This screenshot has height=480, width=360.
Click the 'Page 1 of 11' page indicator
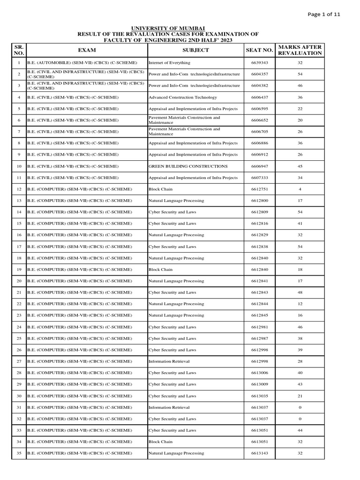pos(324,14)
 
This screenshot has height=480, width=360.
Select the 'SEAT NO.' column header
pos(259,50)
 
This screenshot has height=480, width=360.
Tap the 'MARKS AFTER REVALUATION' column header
pos(300,50)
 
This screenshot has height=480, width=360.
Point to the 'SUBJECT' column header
pos(195,50)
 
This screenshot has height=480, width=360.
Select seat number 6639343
pos(259,63)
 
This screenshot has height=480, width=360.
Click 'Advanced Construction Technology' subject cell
pos(176,97)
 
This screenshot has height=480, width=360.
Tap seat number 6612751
pos(259,189)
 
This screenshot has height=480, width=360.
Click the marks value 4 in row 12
pos(300,189)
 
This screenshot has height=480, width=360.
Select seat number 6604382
pos(259,86)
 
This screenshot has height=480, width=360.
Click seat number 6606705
pos(259,132)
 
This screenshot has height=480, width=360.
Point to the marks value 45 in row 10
pos(300,166)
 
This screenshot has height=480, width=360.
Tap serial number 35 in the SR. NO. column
pos(19,453)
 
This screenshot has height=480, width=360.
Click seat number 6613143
pos(259,453)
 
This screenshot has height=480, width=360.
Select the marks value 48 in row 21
pos(300,292)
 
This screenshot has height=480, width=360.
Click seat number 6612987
pos(259,338)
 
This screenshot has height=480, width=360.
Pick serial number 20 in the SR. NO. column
pos(19,281)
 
